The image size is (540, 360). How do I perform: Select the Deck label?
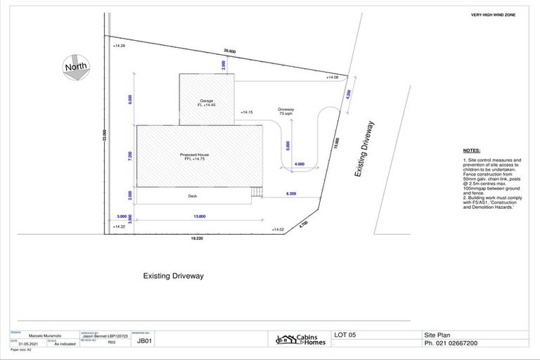[193, 196]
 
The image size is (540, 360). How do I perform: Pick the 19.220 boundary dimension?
[197, 239]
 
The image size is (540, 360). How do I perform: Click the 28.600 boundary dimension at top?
[230, 51]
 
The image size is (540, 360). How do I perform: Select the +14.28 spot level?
[119, 46]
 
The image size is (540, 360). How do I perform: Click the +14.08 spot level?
[333, 77]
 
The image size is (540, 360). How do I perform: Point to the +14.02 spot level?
[278, 229]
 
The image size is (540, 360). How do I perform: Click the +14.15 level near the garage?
[246, 112]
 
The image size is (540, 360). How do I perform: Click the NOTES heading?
[472, 151]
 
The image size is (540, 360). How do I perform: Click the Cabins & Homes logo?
[298, 339]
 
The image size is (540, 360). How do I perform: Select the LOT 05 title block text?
[346, 335]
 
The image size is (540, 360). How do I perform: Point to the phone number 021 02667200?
[451, 344]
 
